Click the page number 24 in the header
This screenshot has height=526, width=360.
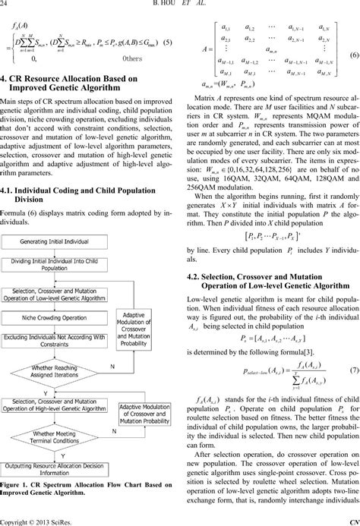8,6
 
